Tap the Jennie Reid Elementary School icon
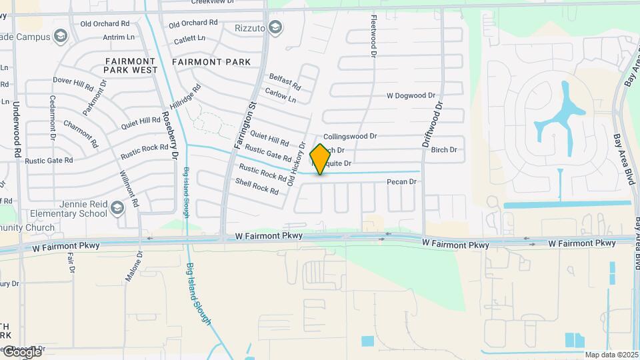(x=118, y=209)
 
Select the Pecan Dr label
(x=403, y=181)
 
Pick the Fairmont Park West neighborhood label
(x=131, y=65)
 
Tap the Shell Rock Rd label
(x=257, y=185)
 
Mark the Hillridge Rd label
(x=185, y=97)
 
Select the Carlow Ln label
(x=281, y=95)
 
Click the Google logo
(x=21, y=352)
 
